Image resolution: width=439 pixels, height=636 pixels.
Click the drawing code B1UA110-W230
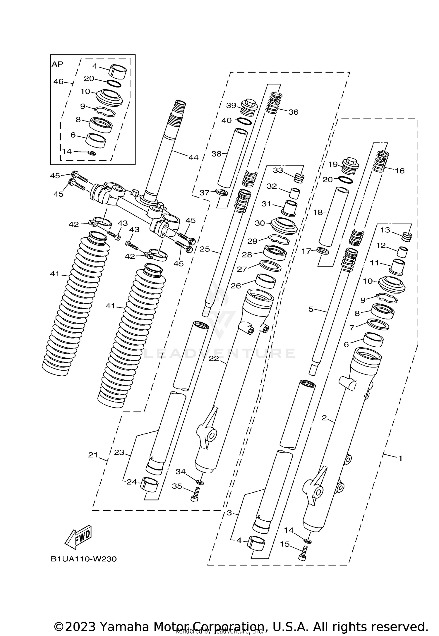[x=84, y=559]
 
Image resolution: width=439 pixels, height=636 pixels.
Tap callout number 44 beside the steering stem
[x=193, y=158]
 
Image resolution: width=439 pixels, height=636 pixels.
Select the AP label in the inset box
[x=58, y=64]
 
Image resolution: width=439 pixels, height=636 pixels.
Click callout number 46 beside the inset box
[x=58, y=82]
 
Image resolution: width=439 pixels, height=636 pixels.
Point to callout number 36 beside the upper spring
[x=293, y=112]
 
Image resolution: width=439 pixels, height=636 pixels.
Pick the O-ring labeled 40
[x=244, y=121]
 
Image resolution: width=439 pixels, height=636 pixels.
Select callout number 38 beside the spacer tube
[x=217, y=154]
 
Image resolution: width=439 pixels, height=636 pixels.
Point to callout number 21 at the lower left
[x=93, y=455]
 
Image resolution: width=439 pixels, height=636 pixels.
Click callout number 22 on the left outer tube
[x=214, y=358]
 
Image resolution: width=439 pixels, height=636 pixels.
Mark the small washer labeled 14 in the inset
[x=92, y=153]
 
